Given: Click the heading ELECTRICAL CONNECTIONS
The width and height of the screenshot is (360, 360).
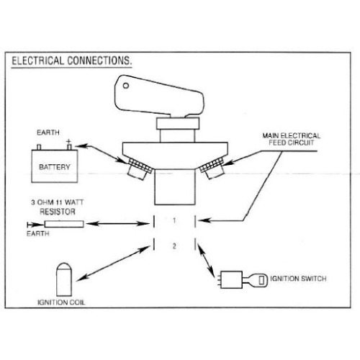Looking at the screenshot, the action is [72, 60].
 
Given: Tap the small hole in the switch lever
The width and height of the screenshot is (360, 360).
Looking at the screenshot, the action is [126, 86].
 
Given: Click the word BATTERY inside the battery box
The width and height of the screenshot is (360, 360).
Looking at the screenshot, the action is [55, 167].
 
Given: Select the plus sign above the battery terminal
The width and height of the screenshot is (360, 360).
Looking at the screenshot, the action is [69, 141].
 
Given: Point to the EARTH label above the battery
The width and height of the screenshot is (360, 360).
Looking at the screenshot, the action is [48, 132].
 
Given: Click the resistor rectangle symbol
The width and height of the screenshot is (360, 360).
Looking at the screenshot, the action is [64, 224].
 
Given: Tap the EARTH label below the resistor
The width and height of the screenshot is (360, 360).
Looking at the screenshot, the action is [38, 233].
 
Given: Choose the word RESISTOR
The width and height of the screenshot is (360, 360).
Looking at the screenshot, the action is [58, 212].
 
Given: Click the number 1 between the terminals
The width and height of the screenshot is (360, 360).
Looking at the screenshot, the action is [174, 220].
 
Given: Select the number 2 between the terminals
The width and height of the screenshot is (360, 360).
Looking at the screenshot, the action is [174, 246].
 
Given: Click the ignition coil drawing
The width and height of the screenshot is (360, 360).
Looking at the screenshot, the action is [64, 279].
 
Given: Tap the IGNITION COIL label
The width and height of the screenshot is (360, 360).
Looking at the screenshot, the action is [61, 302].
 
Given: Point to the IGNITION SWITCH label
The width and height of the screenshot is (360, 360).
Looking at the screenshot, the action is [298, 279].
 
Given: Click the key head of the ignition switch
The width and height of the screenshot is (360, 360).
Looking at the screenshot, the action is [261, 280].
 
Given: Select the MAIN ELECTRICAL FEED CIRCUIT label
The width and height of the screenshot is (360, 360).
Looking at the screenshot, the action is [292, 139].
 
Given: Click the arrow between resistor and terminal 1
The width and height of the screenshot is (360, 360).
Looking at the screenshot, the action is [117, 224].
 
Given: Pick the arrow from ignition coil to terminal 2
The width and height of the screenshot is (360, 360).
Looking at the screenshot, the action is [113, 264].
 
